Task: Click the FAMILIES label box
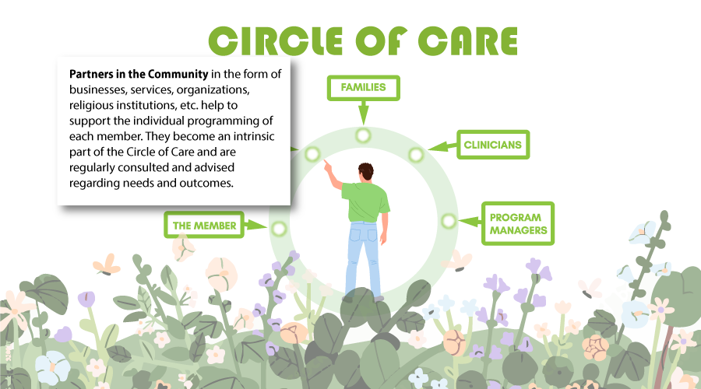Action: click(x=363, y=88)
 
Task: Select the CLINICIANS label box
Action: click(x=492, y=145)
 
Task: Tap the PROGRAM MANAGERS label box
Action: click(x=518, y=223)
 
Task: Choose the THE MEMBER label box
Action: click(x=204, y=226)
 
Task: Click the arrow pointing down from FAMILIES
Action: click(x=363, y=113)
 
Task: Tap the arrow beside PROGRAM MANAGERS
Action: click(x=469, y=222)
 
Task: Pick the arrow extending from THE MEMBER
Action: click(x=255, y=226)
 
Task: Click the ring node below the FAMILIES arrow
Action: click(x=363, y=135)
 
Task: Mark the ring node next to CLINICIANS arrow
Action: click(x=416, y=154)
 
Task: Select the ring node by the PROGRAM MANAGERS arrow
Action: click(x=448, y=221)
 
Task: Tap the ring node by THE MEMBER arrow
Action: click(x=278, y=229)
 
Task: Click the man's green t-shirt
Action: click(x=365, y=202)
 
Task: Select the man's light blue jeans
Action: click(x=362, y=257)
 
